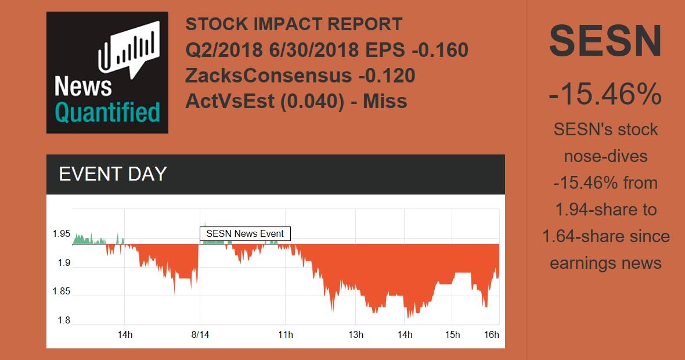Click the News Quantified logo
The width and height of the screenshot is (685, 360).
click(107, 73)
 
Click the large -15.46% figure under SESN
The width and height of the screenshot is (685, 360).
click(605, 94)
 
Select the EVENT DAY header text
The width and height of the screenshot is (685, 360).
click(113, 174)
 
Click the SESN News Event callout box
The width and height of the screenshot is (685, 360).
click(245, 234)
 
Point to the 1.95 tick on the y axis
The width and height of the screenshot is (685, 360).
click(61, 234)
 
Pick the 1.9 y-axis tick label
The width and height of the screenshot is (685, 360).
click(63, 263)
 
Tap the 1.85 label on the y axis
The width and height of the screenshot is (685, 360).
click(61, 291)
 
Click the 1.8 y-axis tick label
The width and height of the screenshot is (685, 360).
click(63, 321)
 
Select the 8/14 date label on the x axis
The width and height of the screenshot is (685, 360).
click(200, 335)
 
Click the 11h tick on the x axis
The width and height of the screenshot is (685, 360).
click(286, 335)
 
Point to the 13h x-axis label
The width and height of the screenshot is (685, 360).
click(356, 335)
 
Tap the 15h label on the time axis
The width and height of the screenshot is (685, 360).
click(452, 335)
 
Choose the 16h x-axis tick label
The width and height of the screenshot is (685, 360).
click(492, 335)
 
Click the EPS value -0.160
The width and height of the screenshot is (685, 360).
click(439, 51)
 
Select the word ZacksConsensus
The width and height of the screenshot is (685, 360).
click(268, 76)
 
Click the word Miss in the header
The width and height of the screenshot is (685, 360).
click(385, 102)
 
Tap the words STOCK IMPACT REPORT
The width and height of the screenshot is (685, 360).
click(294, 24)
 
